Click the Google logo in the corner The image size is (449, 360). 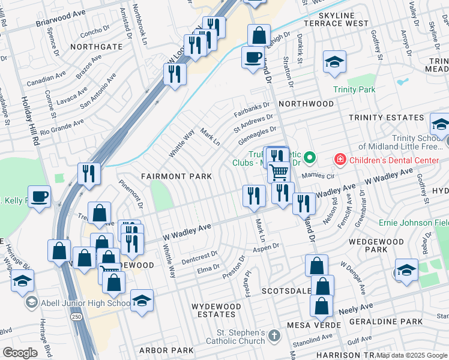[20, 352]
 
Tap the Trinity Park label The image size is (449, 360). [354, 89]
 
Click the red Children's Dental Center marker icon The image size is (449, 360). [340, 160]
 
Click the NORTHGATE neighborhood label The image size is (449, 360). [92, 46]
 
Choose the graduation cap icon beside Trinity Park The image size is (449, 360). [334, 61]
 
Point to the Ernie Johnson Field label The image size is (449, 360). [413, 223]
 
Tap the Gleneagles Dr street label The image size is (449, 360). [258, 133]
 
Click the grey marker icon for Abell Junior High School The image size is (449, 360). [31, 303]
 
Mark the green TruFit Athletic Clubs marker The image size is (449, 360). [310, 158]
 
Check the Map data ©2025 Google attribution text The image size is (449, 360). [412, 355]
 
